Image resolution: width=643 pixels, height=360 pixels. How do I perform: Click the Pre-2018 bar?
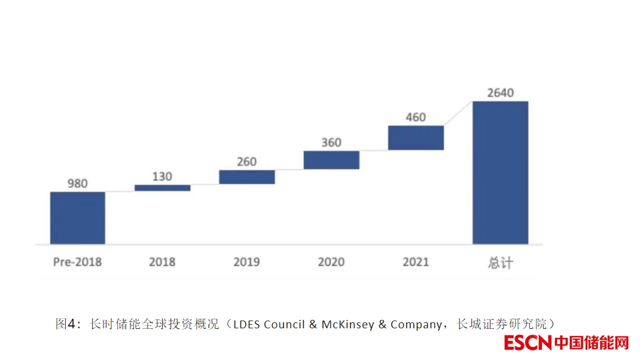coord(78,218)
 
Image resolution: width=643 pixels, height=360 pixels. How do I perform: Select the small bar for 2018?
coord(162,188)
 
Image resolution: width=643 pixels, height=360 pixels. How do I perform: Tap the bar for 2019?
coord(246,177)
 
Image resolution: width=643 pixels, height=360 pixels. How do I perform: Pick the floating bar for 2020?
coord(331,160)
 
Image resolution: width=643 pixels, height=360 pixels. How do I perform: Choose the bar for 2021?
coord(416,138)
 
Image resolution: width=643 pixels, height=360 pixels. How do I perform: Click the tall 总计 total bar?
coord(500,172)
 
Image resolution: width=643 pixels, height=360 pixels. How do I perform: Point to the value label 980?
coord(77,184)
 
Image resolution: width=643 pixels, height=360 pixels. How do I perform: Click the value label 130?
coord(161,176)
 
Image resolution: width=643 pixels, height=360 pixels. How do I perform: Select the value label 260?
coord(246,161)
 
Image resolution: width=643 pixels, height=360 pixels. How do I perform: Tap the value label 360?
coord(331,142)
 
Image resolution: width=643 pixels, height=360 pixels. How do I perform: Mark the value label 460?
coord(416,117)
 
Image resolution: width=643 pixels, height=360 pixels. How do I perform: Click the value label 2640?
coord(500,93)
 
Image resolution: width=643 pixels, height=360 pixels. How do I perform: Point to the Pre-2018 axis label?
coord(77,262)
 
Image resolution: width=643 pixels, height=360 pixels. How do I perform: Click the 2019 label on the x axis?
coord(246,262)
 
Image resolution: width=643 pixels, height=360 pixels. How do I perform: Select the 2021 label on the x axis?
coord(416,262)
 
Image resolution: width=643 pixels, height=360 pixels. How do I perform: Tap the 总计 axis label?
coord(500,263)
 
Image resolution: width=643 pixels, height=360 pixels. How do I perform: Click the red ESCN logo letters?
coord(527,343)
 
